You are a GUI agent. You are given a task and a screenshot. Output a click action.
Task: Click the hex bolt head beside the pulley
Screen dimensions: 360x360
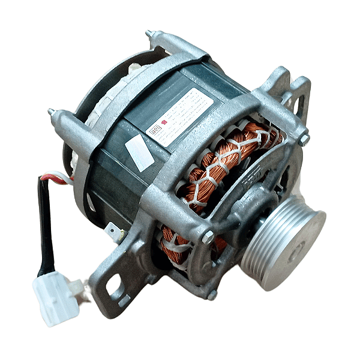pyautogui.click(x=208, y=238)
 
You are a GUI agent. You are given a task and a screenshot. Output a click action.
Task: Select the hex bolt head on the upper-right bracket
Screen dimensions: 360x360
pyautogui.click(x=304, y=139)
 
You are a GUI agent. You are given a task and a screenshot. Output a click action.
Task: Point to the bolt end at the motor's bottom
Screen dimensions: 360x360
pyautogui.click(x=212, y=295)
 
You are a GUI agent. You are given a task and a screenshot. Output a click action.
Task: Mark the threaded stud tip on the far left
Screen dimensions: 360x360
pyautogui.click(x=52, y=111)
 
